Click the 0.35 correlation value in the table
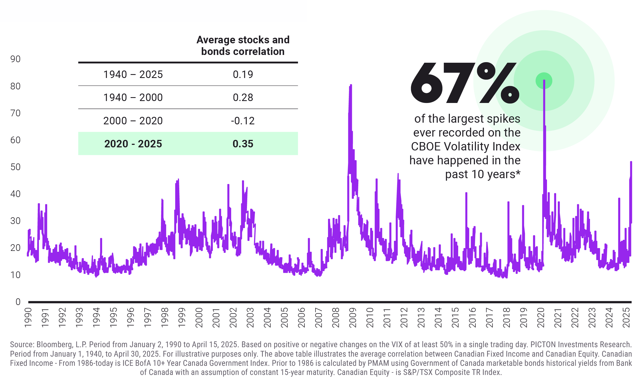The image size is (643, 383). pyautogui.click(x=243, y=144)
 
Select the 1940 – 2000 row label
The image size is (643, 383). pyautogui.click(x=133, y=97)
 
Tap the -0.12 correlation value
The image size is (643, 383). pyautogui.click(x=243, y=121)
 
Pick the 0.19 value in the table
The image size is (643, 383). pyautogui.click(x=243, y=74)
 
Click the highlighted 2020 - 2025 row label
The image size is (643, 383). pyautogui.click(x=133, y=144)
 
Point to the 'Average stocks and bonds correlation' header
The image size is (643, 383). pyautogui.click(x=243, y=46)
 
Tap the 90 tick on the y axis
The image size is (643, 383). pyautogui.click(x=16, y=59)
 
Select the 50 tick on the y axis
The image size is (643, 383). pyautogui.click(x=16, y=167)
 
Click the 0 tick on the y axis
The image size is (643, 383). pyautogui.click(x=18, y=302)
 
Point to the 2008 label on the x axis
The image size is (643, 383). pyautogui.click(x=336, y=318)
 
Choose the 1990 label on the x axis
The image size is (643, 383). pyautogui.click(x=28, y=318)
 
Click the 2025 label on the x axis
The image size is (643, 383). pyautogui.click(x=626, y=318)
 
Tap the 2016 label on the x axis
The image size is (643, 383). pyautogui.click(x=472, y=318)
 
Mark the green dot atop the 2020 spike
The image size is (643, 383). pyautogui.click(x=544, y=81)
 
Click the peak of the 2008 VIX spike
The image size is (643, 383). pyautogui.click(x=351, y=85)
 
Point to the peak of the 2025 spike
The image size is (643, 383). pyautogui.click(x=631, y=162)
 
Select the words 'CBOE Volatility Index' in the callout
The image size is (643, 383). pyautogui.click(x=465, y=146)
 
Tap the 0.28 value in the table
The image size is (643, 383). pyautogui.click(x=243, y=97)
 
